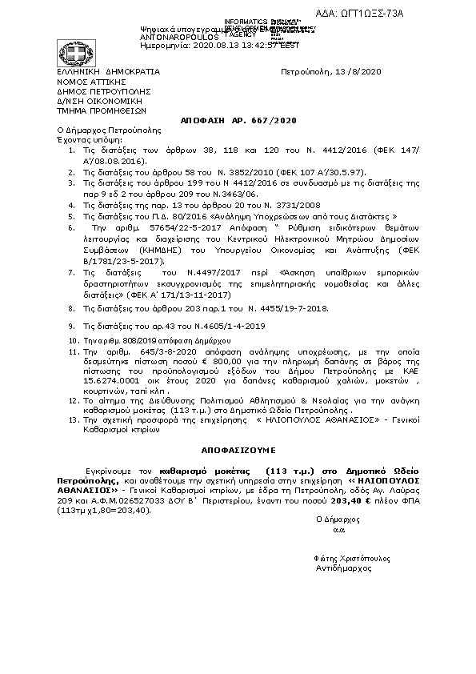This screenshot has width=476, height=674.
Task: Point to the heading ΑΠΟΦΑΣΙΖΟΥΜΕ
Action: (x=238, y=451)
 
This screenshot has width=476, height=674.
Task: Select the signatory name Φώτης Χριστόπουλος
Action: (x=345, y=556)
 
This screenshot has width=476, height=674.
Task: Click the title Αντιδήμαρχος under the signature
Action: (x=345, y=567)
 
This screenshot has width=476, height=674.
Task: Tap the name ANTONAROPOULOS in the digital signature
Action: (x=178, y=36)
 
